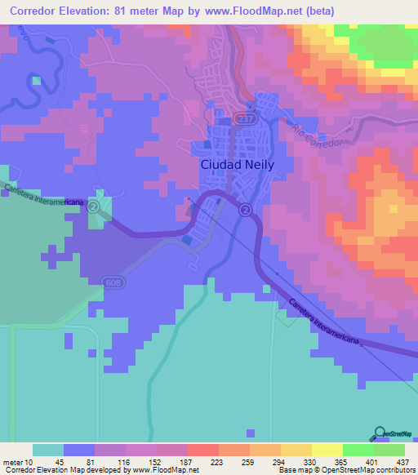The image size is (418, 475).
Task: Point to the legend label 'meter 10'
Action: click(x=18, y=463)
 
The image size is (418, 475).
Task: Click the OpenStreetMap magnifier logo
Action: click(x=380, y=433)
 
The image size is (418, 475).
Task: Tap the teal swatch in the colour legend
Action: click(x=48, y=450)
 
